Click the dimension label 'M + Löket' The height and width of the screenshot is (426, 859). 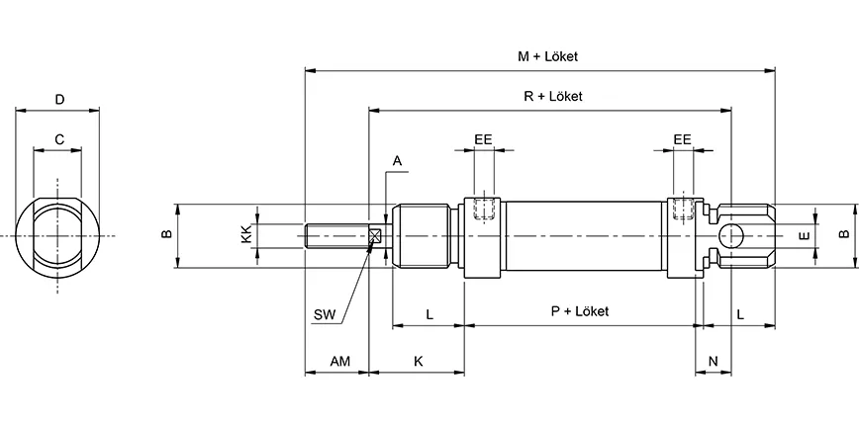pos(547,57)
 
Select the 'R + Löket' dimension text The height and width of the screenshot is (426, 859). pos(552,97)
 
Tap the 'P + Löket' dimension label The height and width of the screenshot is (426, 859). pos(579,311)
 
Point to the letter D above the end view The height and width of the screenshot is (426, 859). pos(59,99)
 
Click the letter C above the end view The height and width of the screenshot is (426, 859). pos(59,139)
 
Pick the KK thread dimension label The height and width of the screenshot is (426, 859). pos(245,234)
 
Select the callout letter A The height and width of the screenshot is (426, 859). pos(398,160)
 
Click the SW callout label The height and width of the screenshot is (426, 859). pos(324,315)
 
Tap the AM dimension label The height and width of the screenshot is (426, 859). pos(338,362)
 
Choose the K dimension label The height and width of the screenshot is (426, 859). pos(418,362)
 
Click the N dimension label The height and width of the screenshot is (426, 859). pos(714,362)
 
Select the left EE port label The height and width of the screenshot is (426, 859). pos(483,139)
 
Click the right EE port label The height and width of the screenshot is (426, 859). pos(682,139)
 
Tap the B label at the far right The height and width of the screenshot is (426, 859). pos(843,234)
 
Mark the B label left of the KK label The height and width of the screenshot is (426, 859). pos(167,234)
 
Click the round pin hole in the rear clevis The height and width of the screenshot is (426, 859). pos(731,236)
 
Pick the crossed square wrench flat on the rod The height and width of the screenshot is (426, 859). pos(375,236)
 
